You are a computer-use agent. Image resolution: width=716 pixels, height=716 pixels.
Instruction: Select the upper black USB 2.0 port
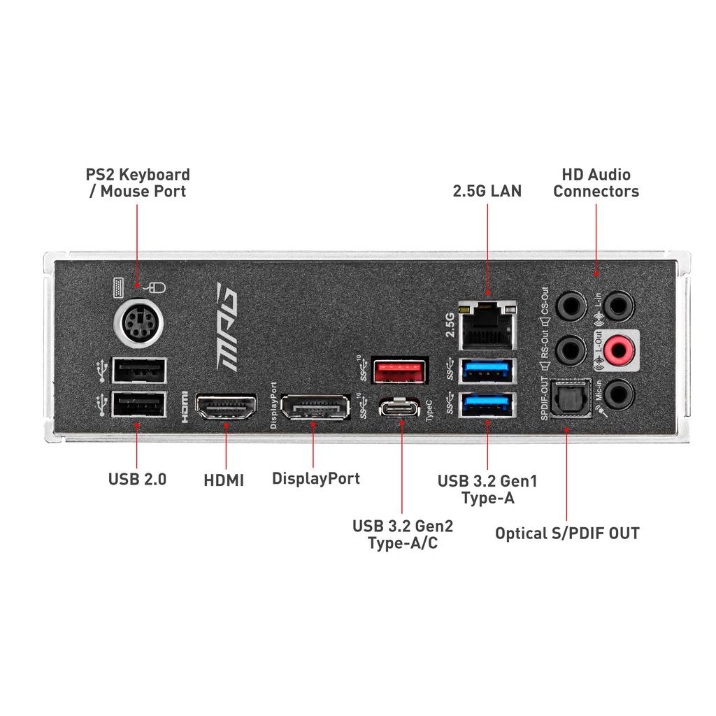pyautogui.click(x=138, y=370)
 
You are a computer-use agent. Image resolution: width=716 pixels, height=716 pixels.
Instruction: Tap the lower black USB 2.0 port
pyautogui.click(x=138, y=405)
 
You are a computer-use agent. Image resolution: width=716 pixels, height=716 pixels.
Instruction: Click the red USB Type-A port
pyautogui.click(x=400, y=371)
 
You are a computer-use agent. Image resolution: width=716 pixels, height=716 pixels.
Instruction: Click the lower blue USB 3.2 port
pyautogui.click(x=487, y=404)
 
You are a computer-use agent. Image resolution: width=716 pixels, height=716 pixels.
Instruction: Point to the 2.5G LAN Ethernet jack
pyautogui.click(x=488, y=325)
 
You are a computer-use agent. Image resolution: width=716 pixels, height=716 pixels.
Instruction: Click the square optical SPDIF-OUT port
pyautogui.click(x=571, y=398)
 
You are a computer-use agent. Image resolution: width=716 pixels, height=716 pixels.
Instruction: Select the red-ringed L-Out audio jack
pyautogui.click(x=617, y=348)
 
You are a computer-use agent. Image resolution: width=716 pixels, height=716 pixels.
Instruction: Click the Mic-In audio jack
pyautogui.click(x=618, y=394)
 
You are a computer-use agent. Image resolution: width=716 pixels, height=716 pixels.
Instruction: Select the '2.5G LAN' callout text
pyautogui.click(x=487, y=190)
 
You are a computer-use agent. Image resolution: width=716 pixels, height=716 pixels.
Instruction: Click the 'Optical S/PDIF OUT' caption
pyautogui.click(x=567, y=534)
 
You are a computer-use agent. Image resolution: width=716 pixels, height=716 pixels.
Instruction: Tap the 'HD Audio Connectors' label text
pyautogui.click(x=596, y=182)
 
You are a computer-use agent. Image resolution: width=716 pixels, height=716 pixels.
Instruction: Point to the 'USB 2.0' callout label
pyautogui.click(x=137, y=480)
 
